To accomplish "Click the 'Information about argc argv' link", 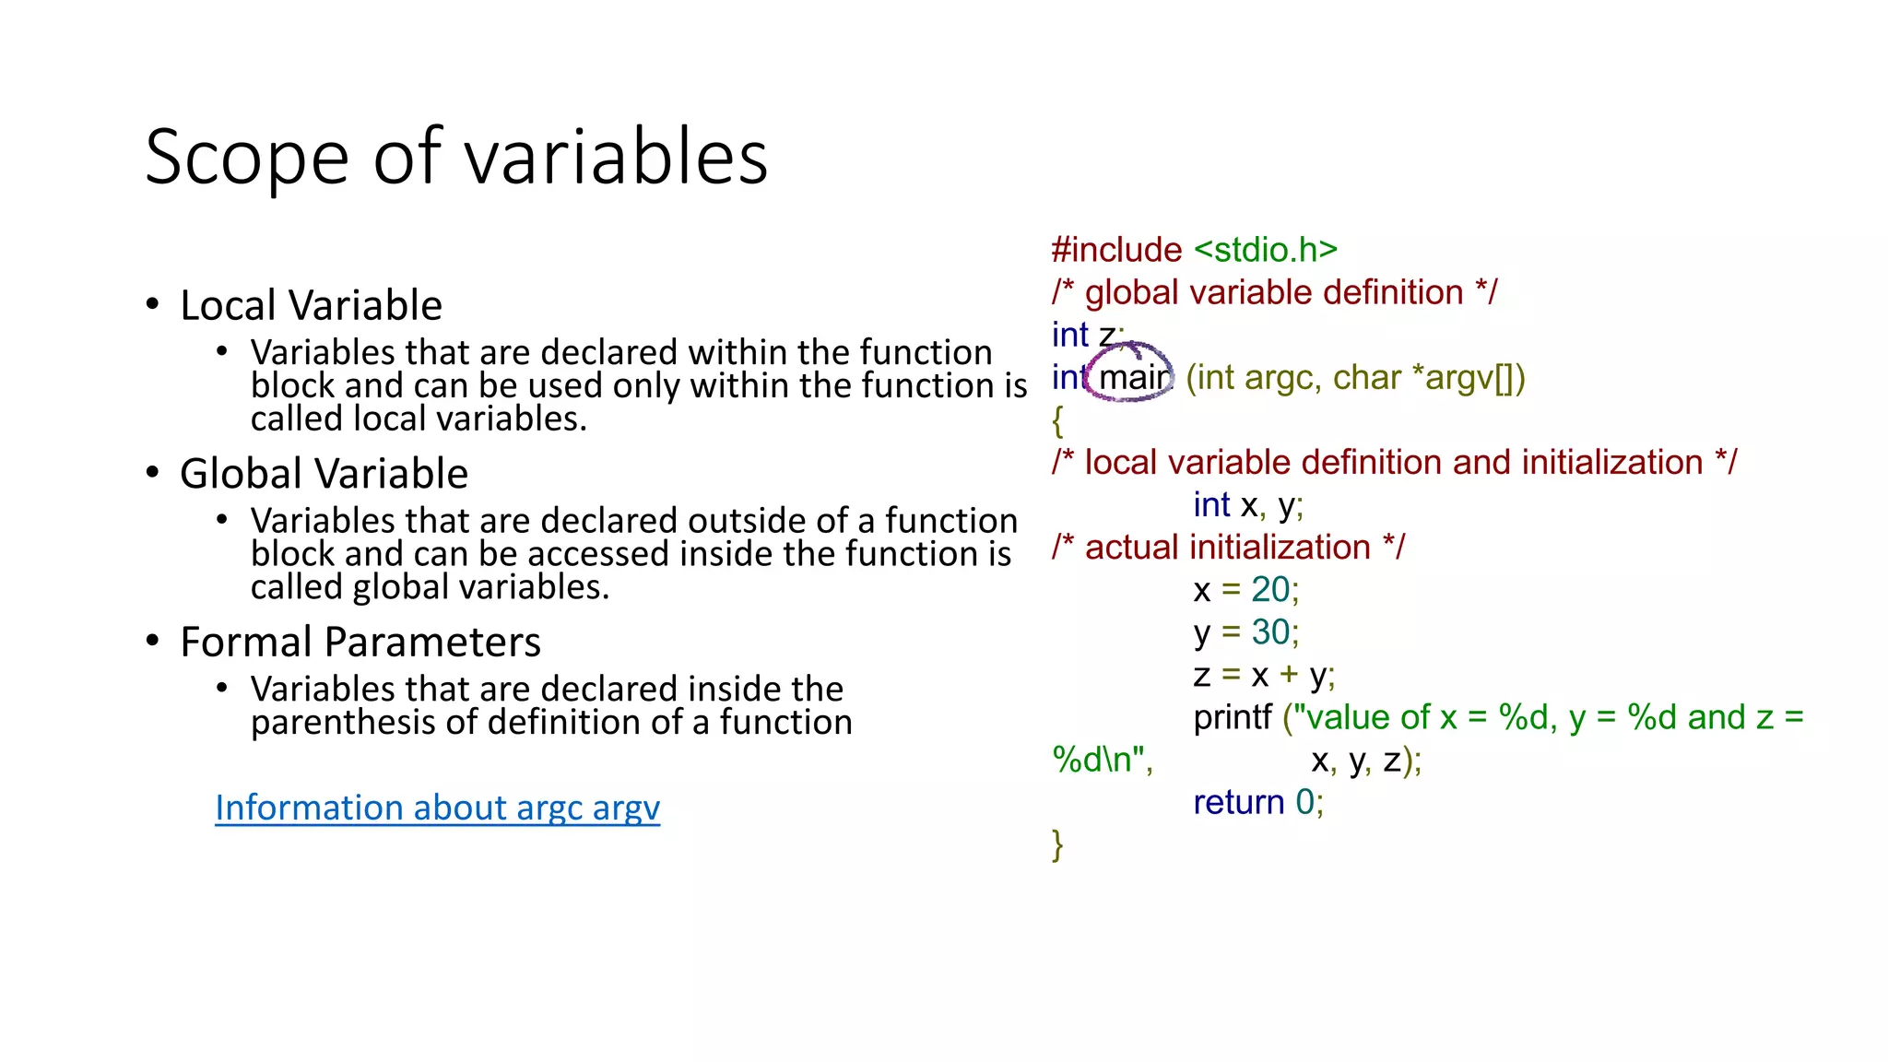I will pos(437,808).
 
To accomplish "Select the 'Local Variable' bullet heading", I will pos(311,305).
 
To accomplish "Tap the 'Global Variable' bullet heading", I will pos(324,474).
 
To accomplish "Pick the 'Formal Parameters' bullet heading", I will pos(360,643).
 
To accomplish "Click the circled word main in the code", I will pos(1134,378).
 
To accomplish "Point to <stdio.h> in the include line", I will pos(1265,250).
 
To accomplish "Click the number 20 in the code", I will pos(1269,590).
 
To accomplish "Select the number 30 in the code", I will pos(1269,632).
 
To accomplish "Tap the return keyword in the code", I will pos(1238,802).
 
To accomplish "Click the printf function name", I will pos(1233,717).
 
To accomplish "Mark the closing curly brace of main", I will pos(1057,844).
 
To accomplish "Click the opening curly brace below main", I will pos(1057,421).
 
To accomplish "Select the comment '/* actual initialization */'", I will pos(1228,548).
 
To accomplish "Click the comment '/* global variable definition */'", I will pos(1274,293).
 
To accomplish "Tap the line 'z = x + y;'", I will pos(1263,675).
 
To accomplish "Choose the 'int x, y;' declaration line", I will pos(1247,505).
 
